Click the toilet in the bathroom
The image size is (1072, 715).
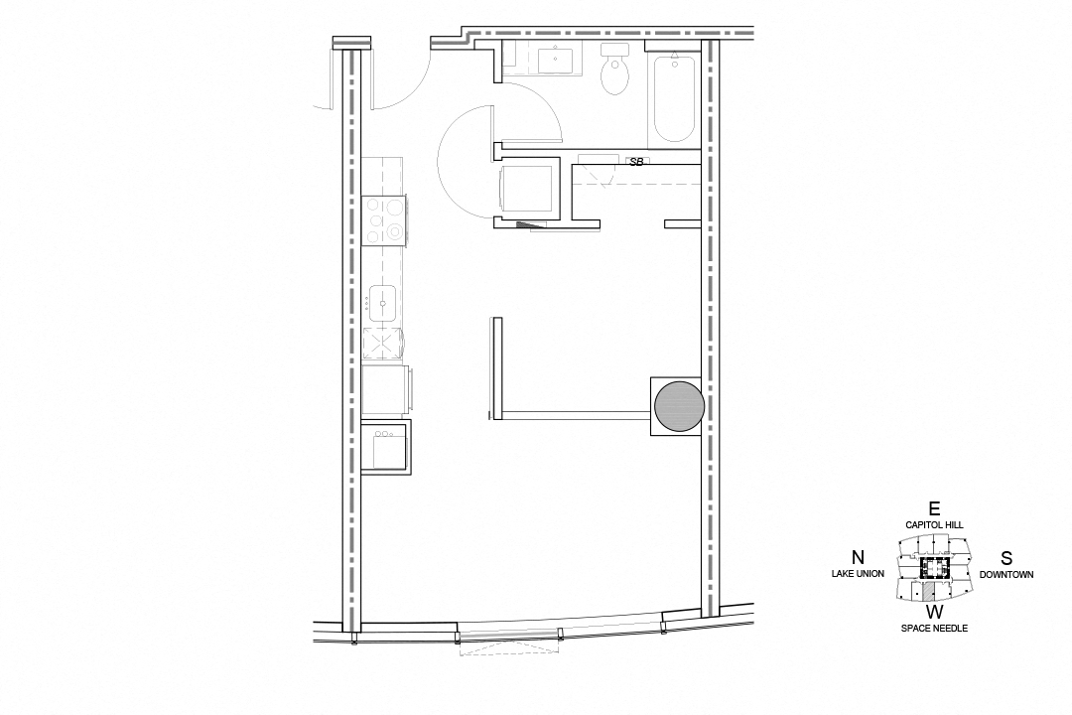[615, 75]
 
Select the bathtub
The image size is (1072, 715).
[674, 99]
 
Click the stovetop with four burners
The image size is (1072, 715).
[384, 219]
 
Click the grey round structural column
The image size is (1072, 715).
[679, 406]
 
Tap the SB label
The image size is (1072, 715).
[636, 161]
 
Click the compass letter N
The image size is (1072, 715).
[858, 557]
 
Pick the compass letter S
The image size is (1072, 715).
[1006, 557]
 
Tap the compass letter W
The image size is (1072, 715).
[934, 612]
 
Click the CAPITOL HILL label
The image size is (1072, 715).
[934, 524]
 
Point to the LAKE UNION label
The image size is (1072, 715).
[858, 574]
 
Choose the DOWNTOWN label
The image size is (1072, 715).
[1006, 574]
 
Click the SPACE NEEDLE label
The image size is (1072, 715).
[934, 629]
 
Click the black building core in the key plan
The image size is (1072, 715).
[934, 567]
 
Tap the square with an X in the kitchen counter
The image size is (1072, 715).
[380, 344]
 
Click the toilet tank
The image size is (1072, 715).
[615, 50]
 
